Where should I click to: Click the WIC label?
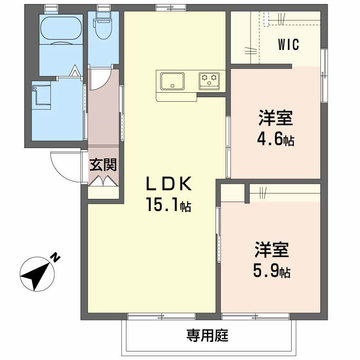pos(288,45)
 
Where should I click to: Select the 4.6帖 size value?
pos(275,139)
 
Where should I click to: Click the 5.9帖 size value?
pos(271,271)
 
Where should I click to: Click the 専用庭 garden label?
pos(208,335)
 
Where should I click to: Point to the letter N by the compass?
pos(55,257)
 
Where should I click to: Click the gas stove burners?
pos(209,81)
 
